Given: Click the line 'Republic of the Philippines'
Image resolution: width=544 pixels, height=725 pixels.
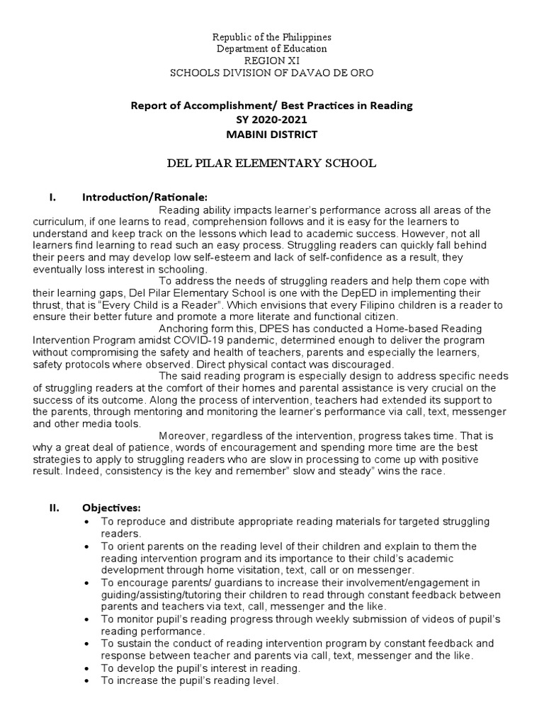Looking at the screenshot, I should tap(272, 37).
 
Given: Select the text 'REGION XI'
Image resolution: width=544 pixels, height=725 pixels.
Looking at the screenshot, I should tap(272, 61).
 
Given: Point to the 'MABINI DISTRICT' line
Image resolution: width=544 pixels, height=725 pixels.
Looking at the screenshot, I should tap(272, 135).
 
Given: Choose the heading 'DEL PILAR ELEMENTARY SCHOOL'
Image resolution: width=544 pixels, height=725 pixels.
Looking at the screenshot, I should tap(272, 164).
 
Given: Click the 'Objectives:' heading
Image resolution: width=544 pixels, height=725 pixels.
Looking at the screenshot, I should tap(112, 508).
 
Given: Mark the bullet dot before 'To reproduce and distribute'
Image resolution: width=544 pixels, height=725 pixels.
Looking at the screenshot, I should tap(86, 522).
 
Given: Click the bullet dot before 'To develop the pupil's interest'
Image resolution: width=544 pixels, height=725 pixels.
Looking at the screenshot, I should tap(86, 668).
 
